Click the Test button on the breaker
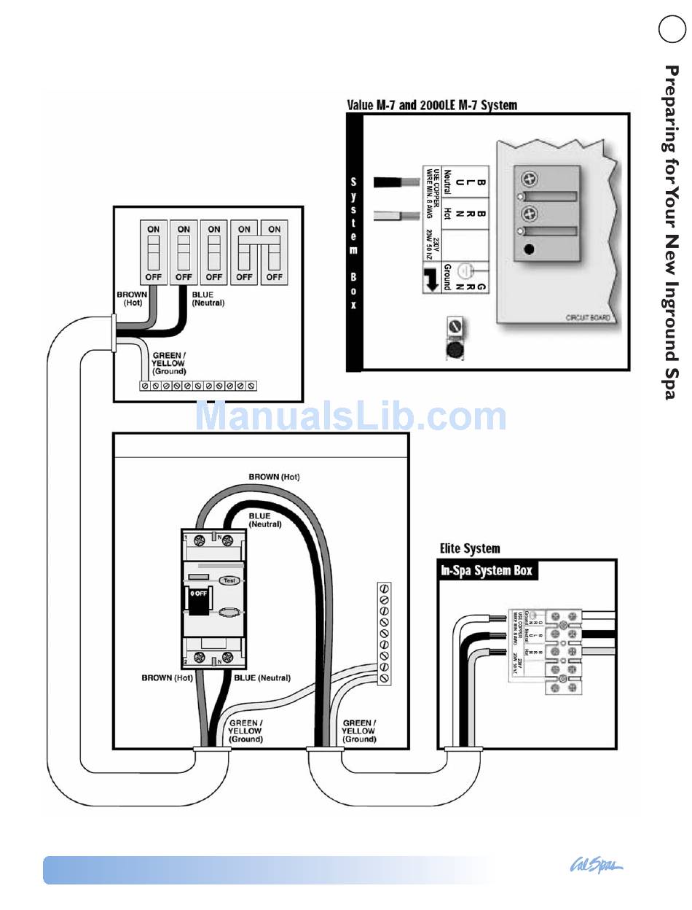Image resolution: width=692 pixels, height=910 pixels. tap(229, 580)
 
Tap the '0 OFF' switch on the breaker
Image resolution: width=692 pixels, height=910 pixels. tap(199, 594)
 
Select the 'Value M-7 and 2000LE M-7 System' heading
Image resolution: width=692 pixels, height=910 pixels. tap(432, 105)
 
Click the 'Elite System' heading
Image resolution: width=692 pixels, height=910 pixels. tap(470, 548)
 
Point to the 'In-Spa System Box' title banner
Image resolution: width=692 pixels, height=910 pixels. tap(487, 570)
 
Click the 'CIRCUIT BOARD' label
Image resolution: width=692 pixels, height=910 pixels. tap(588, 318)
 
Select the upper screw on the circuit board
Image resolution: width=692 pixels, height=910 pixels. tap(530, 178)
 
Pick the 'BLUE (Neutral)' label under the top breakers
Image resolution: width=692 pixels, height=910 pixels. tap(208, 298)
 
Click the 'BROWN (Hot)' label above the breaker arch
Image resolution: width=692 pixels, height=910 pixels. tap(274, 477)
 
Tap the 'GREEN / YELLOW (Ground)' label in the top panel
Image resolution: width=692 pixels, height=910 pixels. tap(169, 362)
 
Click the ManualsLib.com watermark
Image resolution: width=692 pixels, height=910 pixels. tap(350, 416)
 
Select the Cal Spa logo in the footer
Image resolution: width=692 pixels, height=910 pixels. tap(596, 866)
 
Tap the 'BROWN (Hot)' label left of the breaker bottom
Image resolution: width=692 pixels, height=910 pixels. tap(167, 678)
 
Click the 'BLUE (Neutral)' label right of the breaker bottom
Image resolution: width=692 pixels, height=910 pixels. tap(262, 678)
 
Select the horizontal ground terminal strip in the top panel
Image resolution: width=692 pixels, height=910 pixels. tap(198, 384)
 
